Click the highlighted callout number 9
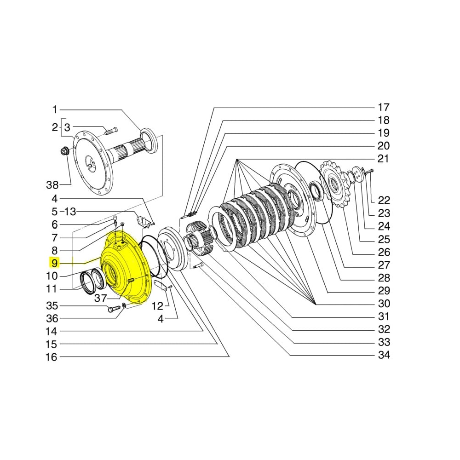point(55,263)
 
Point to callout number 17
point(383,108)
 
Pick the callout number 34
point(383,355)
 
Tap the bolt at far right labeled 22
point(368,171)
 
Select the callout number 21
point(383,159)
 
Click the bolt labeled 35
point(113,309)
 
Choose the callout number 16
point(52,357)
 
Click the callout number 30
point(383,304)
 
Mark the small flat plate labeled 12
point(160,285)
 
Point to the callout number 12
point(158,305)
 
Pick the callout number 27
point(383,265)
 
